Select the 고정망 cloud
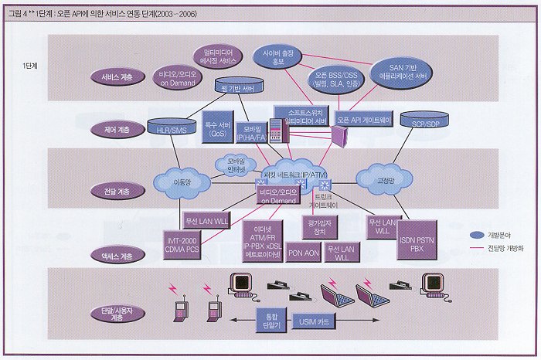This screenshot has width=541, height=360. coord(382,178)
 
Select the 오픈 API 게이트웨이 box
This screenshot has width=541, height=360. coord(364,119)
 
